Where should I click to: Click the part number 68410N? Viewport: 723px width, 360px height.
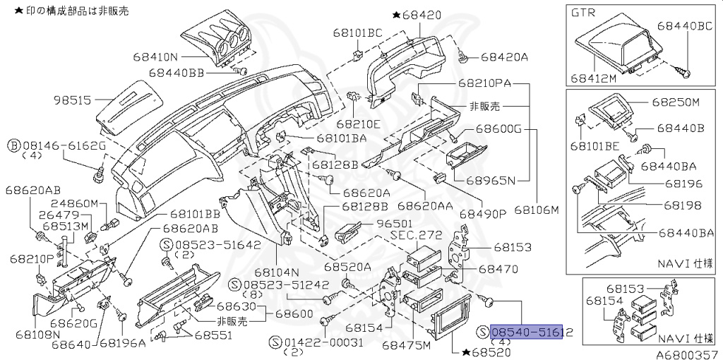pos(156,56)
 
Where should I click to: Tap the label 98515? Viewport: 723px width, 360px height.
pos(72,100)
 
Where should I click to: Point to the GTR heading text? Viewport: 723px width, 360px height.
pos(585,13)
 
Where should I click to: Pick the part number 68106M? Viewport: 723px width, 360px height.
pos(536,210)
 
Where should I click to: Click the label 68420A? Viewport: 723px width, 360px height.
pos(505,56)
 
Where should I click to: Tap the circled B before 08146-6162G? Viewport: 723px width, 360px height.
pos(13,145)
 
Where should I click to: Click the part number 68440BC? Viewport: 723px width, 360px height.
pos(685,25)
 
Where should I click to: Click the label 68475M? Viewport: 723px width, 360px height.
pos(406,346)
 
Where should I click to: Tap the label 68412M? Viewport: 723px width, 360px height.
pos(594,78)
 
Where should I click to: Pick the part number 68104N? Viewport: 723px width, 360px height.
pos(278,272)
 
